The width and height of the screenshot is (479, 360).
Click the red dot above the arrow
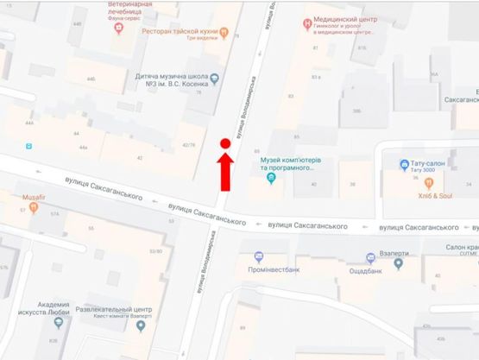point(224,143)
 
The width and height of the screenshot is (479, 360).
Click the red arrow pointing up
point(224,170)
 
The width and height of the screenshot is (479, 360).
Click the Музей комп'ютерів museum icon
point(271,180)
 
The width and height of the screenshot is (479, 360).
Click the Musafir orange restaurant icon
point(10,198)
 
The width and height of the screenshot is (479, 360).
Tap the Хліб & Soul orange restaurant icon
point(404,185)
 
